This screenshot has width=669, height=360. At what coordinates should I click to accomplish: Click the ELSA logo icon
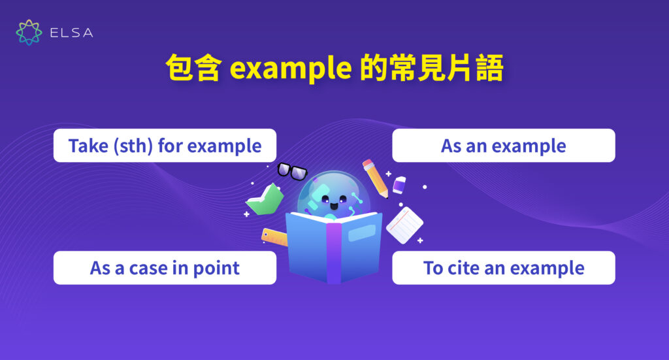click(29, 33)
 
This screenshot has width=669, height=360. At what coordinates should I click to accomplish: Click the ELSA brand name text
click(71, 33)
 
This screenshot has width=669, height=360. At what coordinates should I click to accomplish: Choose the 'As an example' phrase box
click(503, 146)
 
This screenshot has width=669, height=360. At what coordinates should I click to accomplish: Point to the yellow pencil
click(376, 177)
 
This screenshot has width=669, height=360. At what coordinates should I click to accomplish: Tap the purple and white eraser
click(400, 185)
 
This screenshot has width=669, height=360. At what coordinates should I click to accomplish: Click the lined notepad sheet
click(404, 225)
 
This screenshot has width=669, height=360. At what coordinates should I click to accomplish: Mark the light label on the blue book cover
click(361, 232)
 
